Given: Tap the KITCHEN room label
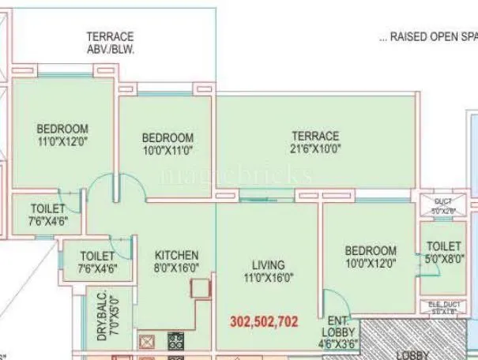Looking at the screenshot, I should [x=176, y=255].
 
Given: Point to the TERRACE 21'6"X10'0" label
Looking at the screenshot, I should [x=314, y=142].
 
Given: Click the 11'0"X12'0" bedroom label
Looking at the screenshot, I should [x=62, y=142].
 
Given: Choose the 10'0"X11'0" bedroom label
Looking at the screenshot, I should [x=167, y=149].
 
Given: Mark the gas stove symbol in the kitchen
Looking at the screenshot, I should [x=175, y=341].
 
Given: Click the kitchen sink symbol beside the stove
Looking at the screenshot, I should [x=148, y=341].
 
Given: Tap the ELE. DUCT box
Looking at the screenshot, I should [x=442, y=308].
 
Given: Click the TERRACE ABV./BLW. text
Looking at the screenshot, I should [x=110, y=42].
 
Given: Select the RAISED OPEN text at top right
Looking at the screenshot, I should [x=427, y=36].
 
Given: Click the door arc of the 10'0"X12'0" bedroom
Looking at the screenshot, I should [x=332, y=301].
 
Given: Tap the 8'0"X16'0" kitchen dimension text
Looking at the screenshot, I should [x=176, y=267].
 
